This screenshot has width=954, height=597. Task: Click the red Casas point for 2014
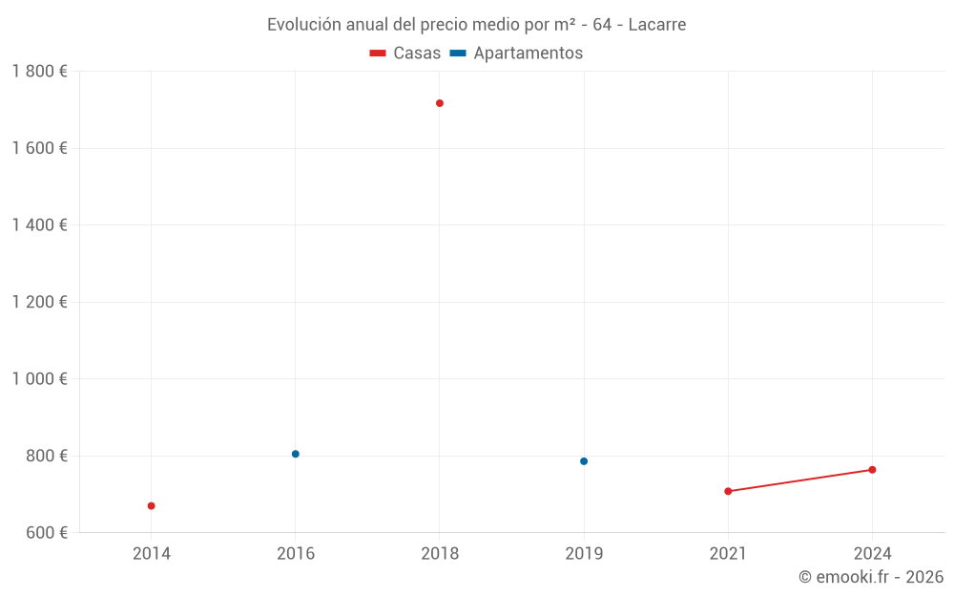pyautogui.click(x=151, y=505)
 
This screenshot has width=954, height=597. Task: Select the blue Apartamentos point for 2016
pyautogui.click(x=296, y=454)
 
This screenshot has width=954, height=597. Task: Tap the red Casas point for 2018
pyautogui.click(x=440, y=103)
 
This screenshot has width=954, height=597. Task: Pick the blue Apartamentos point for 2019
pyautogui.click(x=584, y=461)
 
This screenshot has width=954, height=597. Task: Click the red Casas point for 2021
pyautogui.click(x=728, y=491)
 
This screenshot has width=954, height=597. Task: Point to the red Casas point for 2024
pyautogui.click(x=872, y=470)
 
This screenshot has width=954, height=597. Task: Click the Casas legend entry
pyautogui.click(x=405, y=53)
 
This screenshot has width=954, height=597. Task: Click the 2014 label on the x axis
pyautogui.click(x=152, y=553)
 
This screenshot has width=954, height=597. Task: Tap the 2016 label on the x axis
pyautogui.click(x=296, y=553)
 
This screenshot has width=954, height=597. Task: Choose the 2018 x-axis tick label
pyautogui.click(x=440, y=553)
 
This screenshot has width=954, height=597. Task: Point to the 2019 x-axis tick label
pyautogui.click(x=584, y=553)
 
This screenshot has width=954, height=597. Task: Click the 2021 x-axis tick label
pyautogui.click(x=728, y=553)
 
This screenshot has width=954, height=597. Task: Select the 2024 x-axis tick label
pyautogui.click(x=872, y=553)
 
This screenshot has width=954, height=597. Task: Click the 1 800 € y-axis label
pyautogui.click(x=39, y=72)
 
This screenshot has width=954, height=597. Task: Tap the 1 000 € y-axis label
pyautogui.click(x=39, y=378)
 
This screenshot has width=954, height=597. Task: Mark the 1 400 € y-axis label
pyautogui.click(x=39, y=225)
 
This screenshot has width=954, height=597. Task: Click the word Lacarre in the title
pyautogui.click(x=656, y=24)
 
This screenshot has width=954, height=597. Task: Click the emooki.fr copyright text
pyautogui.click(x=871, y=577)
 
